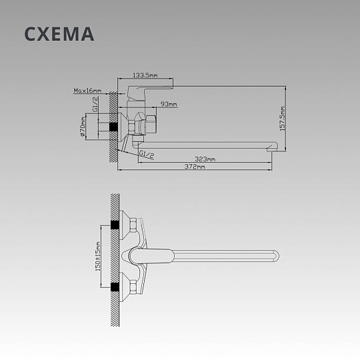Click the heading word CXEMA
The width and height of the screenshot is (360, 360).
click(59, 34)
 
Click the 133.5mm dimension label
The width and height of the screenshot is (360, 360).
click(145, 75)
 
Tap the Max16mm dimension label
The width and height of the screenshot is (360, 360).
click(87, 91)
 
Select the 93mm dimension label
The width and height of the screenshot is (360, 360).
click(169, 104)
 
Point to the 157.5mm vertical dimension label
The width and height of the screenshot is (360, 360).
click(283, 119)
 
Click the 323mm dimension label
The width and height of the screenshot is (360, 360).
click(205, 159)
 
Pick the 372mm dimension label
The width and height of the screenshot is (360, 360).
click(195, 167)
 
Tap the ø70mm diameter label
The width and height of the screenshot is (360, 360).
click(83, 127)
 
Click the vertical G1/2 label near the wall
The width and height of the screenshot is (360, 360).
click(95, 104)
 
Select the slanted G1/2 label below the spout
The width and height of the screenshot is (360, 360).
click(147, 154)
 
